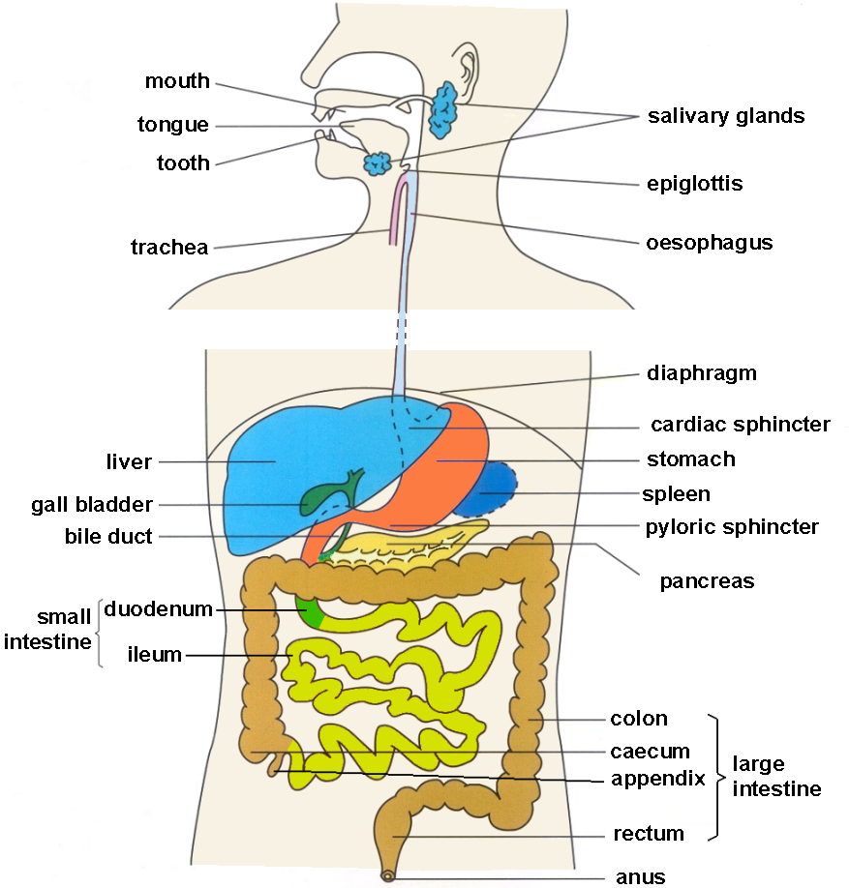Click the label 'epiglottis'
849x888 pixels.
point(694,184)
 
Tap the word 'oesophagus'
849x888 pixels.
point(709,243)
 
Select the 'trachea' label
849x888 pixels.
point(169,247)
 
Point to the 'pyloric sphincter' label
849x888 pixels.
point(732,527)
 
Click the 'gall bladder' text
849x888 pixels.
point(92,505)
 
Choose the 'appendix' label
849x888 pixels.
point(658,780)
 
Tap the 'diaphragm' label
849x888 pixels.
point(702,373)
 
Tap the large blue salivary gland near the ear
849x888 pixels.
point(442,110)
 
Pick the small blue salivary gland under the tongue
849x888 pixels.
point(378,164)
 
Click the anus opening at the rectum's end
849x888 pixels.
point(387,876)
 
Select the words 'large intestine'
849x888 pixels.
point(776,777)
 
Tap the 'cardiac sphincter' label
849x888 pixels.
point(741,425)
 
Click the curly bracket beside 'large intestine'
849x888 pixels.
point(716,778)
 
